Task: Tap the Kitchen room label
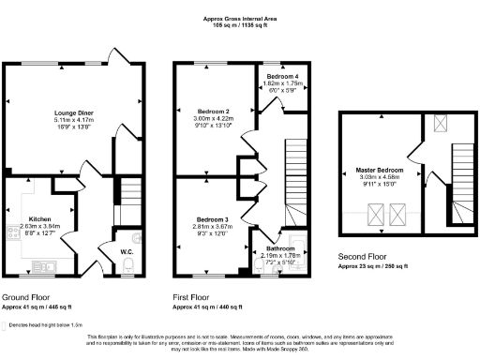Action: (39, 217)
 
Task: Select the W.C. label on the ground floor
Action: (127, 250)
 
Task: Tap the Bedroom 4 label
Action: (282, 76)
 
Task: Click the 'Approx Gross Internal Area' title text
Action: (240, 18)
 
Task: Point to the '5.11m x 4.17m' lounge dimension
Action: (74, 120)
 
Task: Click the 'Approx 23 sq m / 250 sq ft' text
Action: (383, 265)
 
